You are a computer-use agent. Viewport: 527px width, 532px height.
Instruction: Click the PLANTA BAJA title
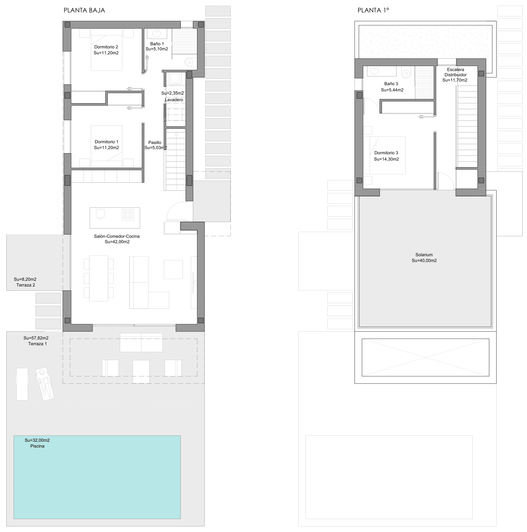pos(84,11)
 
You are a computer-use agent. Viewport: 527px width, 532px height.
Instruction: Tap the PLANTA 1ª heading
pos(373,10)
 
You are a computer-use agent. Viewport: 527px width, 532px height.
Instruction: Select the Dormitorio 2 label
pos(106,47)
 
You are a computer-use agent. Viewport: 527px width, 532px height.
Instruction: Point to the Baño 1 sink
pos(156,34)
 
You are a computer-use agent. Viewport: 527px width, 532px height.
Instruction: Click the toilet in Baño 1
pos(189,62)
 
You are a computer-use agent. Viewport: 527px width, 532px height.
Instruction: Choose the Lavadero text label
pos(174,100)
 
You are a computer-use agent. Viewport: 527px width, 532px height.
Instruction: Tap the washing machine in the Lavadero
pos(175,79)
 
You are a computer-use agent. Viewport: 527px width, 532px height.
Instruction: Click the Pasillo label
pos(155,142)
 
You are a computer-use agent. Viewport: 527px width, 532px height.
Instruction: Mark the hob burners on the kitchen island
pos(128,215)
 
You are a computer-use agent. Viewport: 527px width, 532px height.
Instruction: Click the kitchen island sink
pos(100,213)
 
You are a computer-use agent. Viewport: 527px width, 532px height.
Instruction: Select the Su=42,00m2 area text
pos(117,242)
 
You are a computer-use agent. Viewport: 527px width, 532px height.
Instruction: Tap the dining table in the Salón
pos(99,278)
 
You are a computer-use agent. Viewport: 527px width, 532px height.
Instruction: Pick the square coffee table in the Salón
pos(173,269)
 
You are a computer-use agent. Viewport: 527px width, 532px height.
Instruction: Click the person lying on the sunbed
pos(44,384)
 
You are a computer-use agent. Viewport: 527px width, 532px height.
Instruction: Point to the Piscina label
pos(37,446)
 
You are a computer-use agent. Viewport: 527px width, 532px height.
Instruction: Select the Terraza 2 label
pos(26,285)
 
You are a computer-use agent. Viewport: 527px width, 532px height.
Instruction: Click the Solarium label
pos(424,255)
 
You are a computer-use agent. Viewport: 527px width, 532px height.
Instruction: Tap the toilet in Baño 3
pos(406,72)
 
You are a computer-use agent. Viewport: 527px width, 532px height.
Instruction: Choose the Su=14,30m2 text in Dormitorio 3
pos(386,159)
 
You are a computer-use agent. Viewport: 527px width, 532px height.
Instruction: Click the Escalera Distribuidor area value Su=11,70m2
pos(455,80)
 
